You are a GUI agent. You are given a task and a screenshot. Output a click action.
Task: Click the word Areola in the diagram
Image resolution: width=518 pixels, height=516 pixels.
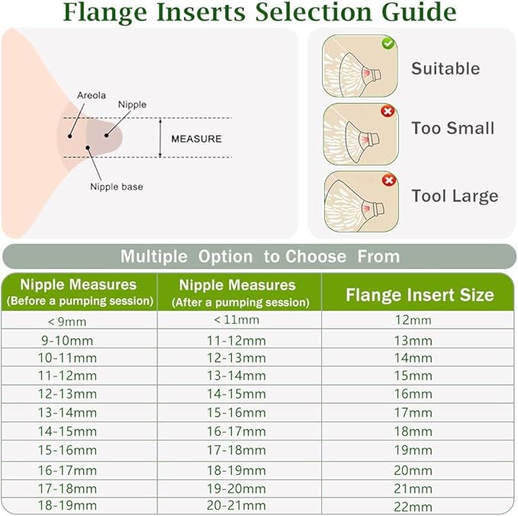pos(92,95)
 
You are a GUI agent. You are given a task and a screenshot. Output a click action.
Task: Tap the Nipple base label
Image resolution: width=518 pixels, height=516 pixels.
pos(116,187)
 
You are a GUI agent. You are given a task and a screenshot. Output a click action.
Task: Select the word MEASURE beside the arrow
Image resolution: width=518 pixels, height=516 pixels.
pos(196,139)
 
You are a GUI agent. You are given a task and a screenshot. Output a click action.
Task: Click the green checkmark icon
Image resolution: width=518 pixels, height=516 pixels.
pos(388,43)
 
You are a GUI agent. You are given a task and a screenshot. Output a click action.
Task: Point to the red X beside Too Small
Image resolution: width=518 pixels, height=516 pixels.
pos(388,111)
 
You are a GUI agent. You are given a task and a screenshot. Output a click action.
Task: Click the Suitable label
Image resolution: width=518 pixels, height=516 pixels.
pos(446,69)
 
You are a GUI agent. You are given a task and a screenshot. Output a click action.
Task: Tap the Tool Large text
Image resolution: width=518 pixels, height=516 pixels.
pos(455,196)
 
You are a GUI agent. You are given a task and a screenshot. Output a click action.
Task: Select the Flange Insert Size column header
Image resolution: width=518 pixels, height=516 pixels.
pos(420,295)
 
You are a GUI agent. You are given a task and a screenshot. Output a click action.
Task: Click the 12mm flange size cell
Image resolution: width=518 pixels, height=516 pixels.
pos(413,320)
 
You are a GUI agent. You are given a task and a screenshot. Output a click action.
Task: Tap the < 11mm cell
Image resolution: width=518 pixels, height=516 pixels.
pos(237,320)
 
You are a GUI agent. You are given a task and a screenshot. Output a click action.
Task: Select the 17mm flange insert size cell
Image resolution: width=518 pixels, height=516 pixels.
pos(413,413)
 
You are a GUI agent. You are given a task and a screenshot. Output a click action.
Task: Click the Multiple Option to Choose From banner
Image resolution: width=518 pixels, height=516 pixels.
pos(259,256)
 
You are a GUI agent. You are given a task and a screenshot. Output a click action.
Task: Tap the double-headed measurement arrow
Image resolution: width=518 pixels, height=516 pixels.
pos(159,138)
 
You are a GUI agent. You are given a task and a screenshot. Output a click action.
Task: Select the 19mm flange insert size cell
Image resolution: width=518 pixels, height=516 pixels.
pos(413,450)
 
